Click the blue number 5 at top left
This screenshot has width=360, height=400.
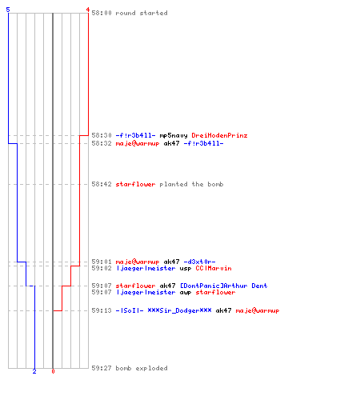(x=8, y=10)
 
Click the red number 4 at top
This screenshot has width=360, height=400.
(x=87, y=10)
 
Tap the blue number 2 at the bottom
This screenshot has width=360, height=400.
(x=34, y=371)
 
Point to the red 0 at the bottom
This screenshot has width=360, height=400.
(x=53, y=371)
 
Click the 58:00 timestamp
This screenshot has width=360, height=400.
(x=102, y=13)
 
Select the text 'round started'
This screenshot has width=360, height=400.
(x=142, y=13)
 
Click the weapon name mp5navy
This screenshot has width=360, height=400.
(x=174, y=135)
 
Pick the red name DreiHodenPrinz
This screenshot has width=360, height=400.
(x=219, y=135)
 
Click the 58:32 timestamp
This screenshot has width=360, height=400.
(x=102, y=143)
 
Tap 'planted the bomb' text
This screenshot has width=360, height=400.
(x=191, y=184)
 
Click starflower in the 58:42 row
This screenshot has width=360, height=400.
(x=135, y=184)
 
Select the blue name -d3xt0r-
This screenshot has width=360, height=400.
(x=199, y=262)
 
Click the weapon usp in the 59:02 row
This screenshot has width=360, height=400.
(x=186, y=269)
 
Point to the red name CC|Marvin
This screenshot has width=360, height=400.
(x=214, y=268)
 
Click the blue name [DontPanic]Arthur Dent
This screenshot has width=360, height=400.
(x=224, y=286)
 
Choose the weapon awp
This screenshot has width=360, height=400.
(x=186, y=293)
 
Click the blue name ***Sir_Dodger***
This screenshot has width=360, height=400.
(x=179, y=310)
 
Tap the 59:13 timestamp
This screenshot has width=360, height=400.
(x=102, y=310)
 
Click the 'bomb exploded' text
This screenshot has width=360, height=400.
(x=142, y=368)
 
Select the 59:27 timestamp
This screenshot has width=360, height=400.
(x=102, y=368)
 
